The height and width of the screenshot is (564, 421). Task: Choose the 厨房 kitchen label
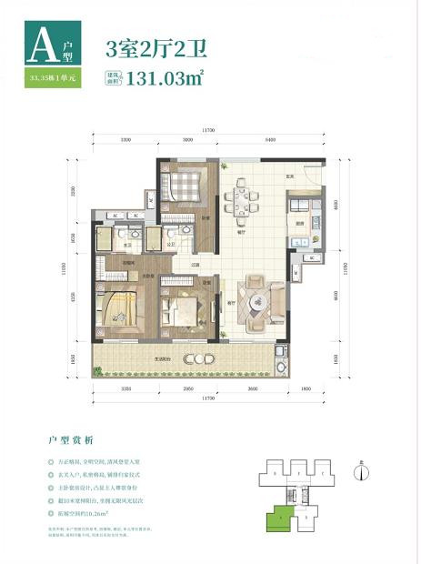[299, 223]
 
